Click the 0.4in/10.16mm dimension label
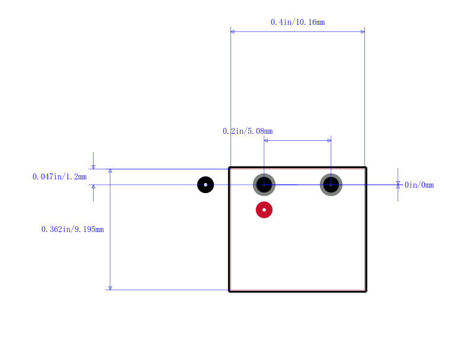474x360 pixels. click(298, 22)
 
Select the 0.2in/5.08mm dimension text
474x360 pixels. click(248, 131)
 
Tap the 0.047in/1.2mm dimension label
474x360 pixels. click(60, 176)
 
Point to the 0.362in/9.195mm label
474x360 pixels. click(72, 230)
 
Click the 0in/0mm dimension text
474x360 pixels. click(419, 185)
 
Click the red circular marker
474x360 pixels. click(264, 210)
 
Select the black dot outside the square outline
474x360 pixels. click(206, 185)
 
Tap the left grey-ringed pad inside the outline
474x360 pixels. click(264, 185)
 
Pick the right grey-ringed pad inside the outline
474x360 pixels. click(331, 185)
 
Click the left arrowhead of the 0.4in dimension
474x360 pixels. click(232, 32)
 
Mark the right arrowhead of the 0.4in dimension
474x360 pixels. click(363, 32)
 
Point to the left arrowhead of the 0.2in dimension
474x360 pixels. click(265, 140)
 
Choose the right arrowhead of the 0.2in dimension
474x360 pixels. click(329, 140)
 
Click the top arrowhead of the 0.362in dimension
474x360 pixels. click(110, 171)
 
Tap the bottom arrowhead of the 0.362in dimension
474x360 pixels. click(110, 288)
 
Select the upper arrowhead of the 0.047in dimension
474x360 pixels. click(94, 167)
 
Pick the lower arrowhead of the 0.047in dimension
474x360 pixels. click(94, 187)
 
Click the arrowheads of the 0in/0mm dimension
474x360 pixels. click(398, 185)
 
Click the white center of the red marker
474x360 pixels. click(264, 210)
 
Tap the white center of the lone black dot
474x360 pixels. click(206, 185)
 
